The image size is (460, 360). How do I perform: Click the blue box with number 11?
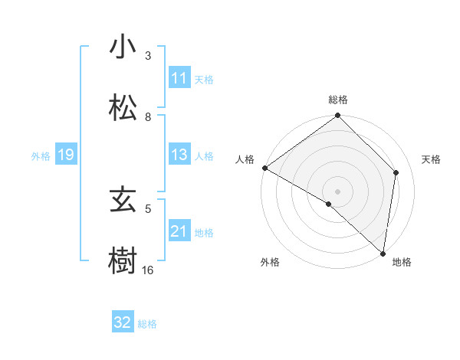point(179,78)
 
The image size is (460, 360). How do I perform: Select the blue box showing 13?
point(179,155)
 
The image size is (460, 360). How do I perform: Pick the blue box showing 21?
point(179,231)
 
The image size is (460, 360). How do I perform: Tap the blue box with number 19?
point(66,155)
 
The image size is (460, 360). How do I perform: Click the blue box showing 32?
point(123,322)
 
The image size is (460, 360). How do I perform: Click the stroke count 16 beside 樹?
point(148,270)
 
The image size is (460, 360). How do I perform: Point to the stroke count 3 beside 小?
point(148,56)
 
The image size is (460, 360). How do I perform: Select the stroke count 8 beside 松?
point(148,117)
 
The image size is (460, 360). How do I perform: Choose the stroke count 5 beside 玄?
point(148,208)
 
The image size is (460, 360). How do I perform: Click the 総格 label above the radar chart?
point(338,100)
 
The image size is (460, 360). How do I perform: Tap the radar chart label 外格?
point(270,262)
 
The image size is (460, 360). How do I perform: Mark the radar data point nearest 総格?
point(338,116)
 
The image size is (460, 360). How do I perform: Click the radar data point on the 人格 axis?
point(264,168)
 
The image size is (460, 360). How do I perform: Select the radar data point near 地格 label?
point(383,253)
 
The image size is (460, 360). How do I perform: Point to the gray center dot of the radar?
point(338,191)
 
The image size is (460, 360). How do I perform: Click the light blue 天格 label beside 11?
point(204,79)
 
